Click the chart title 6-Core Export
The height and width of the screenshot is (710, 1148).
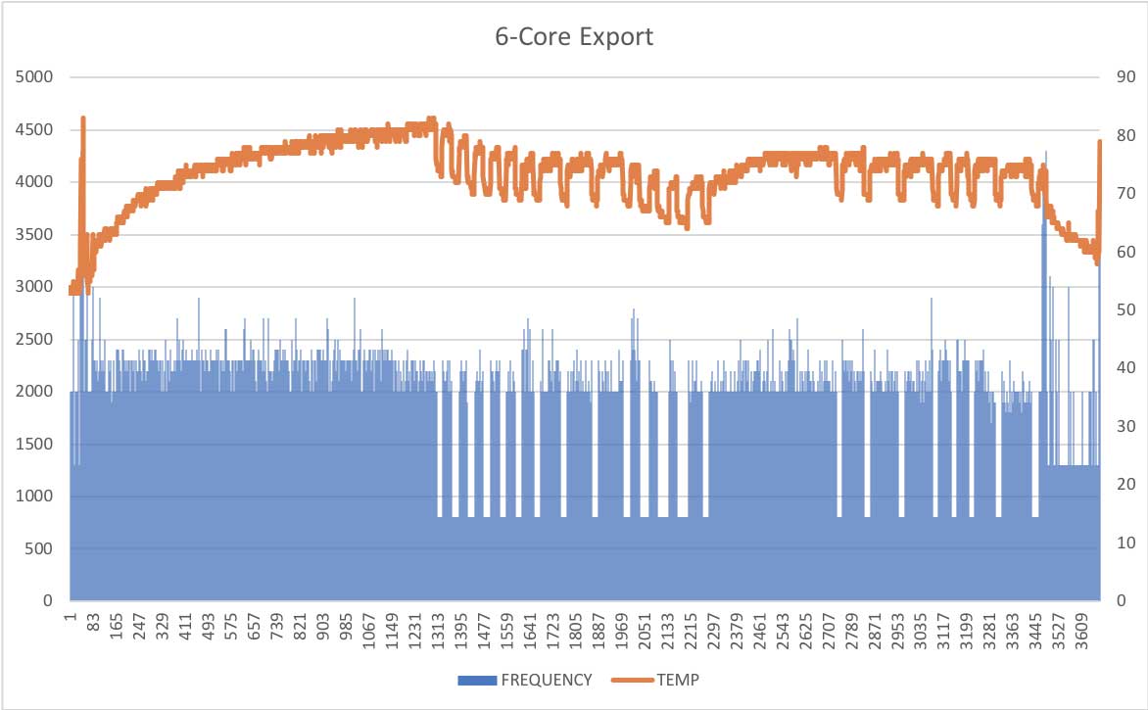pos(573,38)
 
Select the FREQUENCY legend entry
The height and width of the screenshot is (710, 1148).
pos(547,679)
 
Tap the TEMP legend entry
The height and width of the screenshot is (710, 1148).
pos(678,679)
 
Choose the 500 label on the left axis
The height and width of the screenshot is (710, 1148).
pos(40,548)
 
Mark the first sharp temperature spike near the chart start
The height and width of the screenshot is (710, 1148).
pos(83,119)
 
